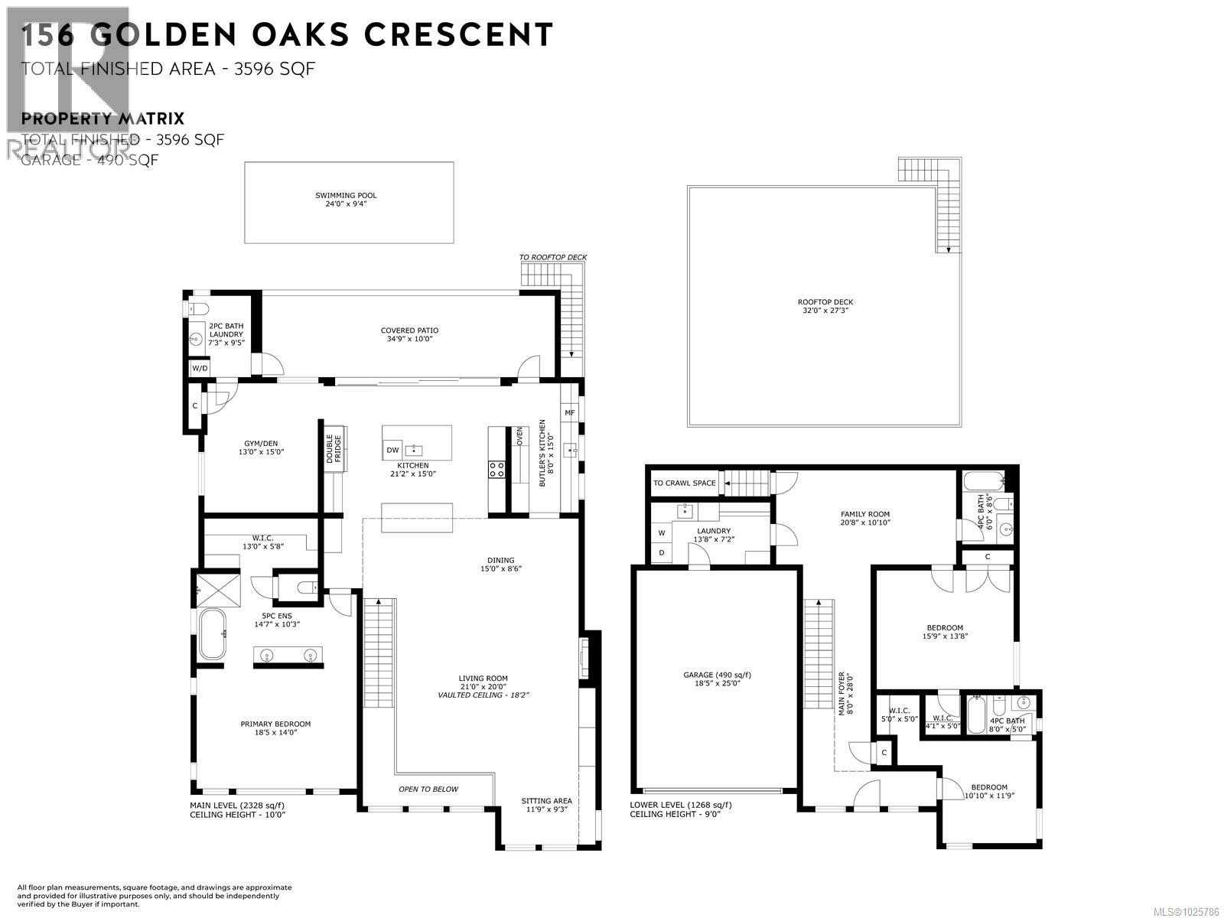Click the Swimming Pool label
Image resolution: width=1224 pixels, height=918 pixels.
(346, 196)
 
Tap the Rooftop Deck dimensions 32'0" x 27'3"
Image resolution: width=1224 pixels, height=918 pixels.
(825, 311)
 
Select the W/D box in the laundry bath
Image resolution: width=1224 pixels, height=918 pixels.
(200, 368)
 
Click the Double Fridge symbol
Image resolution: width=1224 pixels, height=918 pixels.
(335, 449)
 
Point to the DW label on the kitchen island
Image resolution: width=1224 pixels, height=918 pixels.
(392, 450)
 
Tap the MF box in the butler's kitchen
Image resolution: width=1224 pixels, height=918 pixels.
(569, 413)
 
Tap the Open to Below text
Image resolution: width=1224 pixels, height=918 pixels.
(428, 789)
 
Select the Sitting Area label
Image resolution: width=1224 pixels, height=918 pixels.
(546, 801)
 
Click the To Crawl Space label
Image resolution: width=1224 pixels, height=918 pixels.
(684, 483)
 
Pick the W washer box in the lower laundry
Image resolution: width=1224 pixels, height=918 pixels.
(662, 532)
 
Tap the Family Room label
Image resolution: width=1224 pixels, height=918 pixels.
(865, 515)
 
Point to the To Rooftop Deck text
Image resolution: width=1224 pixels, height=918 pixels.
(552, 258)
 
